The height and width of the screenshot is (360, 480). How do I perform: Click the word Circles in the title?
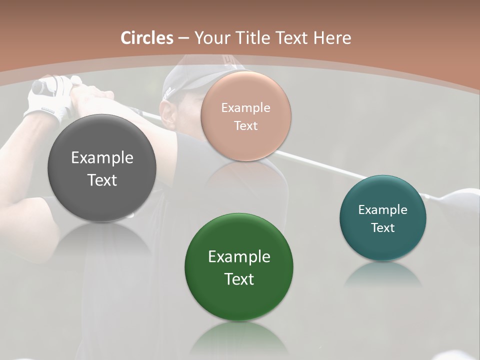(x=146, y=38)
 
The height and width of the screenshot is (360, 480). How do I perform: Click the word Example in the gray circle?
(x=102, y=158)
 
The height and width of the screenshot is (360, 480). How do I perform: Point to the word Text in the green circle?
(x=239, y=279)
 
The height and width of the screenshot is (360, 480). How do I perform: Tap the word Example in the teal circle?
(x=383, y=210)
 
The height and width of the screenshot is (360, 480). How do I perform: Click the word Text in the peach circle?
(x=245, y=126)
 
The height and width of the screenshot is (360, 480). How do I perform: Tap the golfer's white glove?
(x=47, y=100)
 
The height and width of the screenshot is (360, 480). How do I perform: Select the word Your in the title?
(x=210, y=38)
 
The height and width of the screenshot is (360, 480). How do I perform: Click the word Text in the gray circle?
(x=102, y=180)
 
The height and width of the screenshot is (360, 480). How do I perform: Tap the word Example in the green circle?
(x=239, y=257)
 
